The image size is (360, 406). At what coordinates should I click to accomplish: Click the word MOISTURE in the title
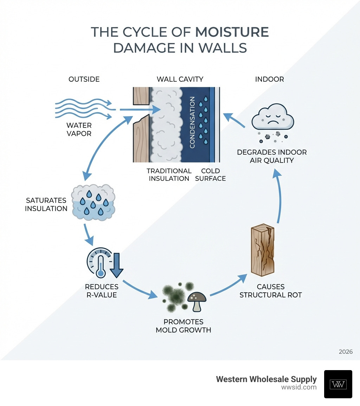[232, 32]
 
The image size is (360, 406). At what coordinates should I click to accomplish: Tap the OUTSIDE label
[84, 79]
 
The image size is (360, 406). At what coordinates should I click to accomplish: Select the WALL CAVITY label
[180, 79]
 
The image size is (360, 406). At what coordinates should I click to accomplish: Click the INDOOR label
[269, 79]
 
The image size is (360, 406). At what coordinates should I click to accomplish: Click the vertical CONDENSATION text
[192, 123]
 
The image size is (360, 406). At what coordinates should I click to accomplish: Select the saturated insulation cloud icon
[93, 204]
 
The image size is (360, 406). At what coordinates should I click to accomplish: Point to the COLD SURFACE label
[210, 175]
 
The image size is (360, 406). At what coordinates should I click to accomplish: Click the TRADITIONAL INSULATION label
[169, 175]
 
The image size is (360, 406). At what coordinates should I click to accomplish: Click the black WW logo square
[338, 384]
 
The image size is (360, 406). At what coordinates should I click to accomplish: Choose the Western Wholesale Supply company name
[266, 379]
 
